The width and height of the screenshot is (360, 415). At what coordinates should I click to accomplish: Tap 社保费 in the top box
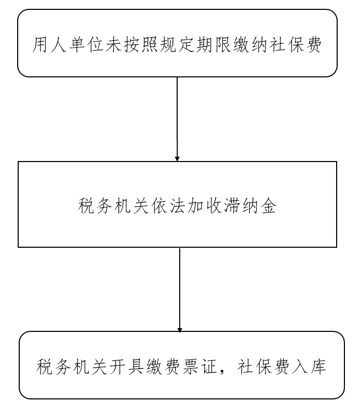pos(296,44)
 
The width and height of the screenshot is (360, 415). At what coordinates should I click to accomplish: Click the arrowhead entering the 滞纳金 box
pos(177,159)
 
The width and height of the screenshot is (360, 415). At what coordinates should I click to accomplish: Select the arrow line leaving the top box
pos(177,119)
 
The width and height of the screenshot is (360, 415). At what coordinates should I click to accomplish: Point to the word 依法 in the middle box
pos(168,206)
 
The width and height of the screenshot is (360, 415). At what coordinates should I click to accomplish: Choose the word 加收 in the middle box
pos(204,206)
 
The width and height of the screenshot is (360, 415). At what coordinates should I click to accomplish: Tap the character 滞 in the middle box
pos(232,206)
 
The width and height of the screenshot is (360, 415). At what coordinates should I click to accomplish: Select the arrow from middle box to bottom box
pos(180,290)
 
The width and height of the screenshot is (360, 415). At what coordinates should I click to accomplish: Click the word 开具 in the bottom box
pos(127,367)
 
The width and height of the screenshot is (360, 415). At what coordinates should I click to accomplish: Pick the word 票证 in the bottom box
pos(199,367)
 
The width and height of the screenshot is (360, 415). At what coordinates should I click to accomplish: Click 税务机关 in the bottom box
pos(72,367)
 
